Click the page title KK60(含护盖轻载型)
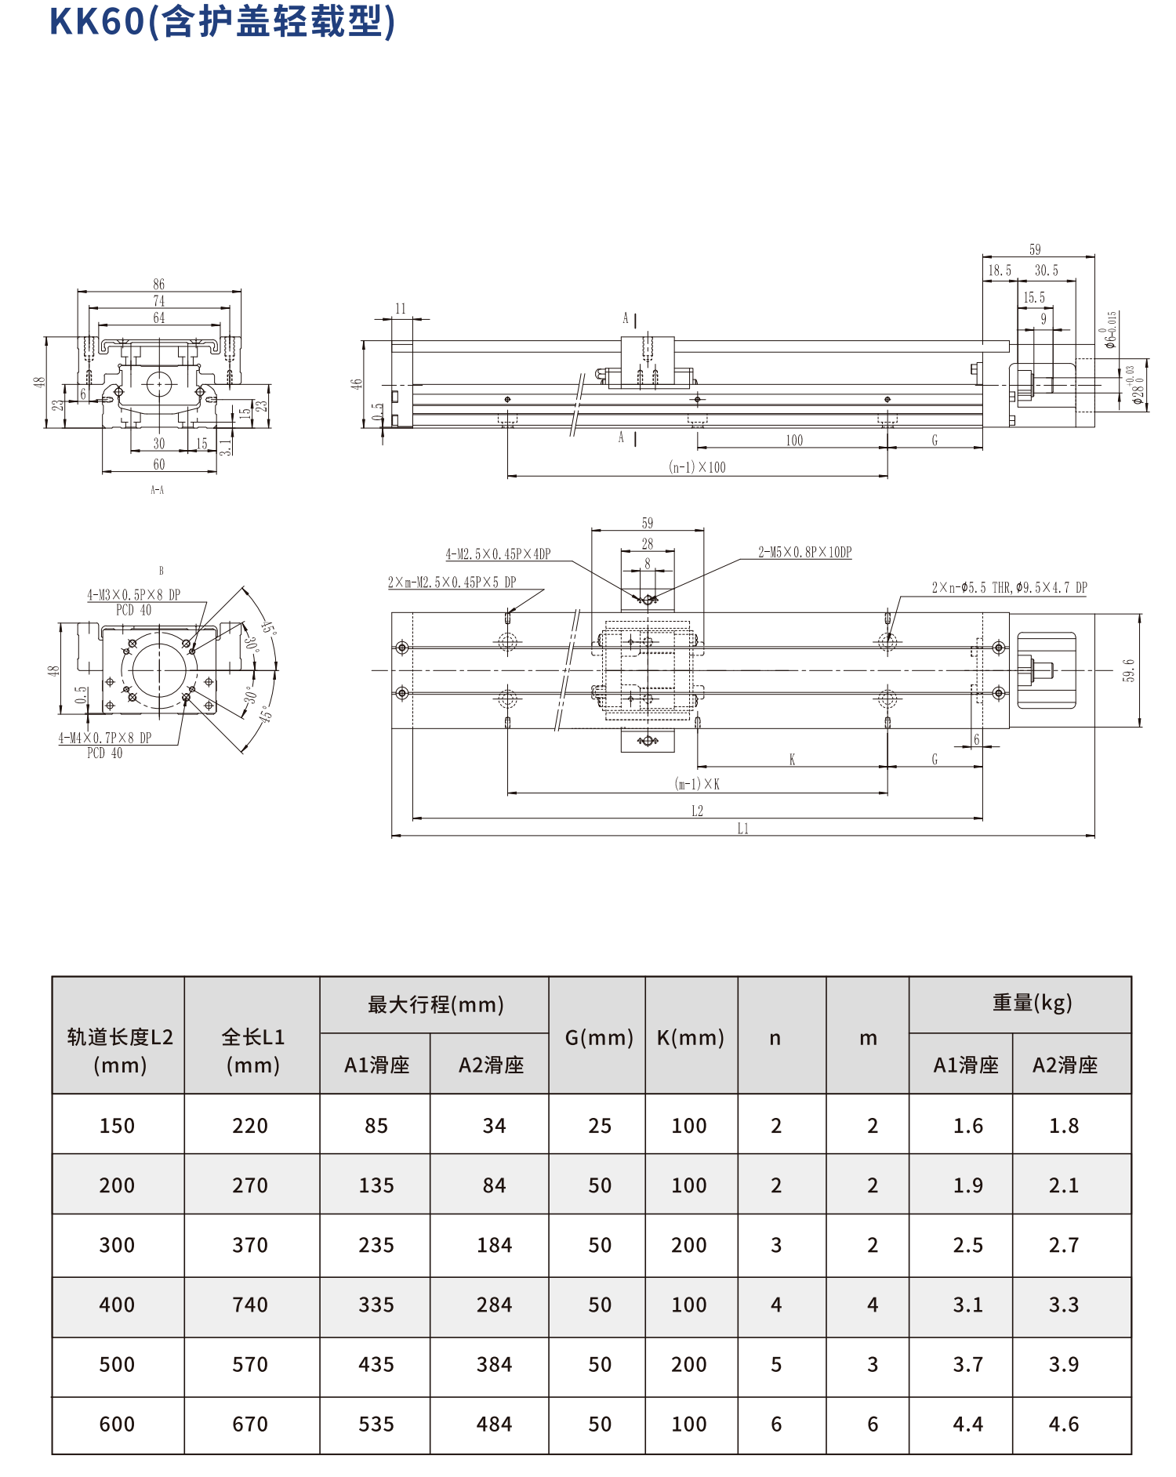(x=222, y=22)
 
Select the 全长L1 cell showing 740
(x=250, y=1305)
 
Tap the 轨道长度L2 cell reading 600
(x=117, y=1424)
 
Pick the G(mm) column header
(x=598, y=1037)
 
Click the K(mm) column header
(x=690, y=1037)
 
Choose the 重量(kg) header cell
(x=1032, y=1003)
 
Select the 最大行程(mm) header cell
(x=435, y=1004)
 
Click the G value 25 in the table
(x=600, y=1126)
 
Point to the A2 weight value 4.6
(x=1064, y=1424)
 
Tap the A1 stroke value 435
(x=376, y=1364)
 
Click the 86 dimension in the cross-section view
(x=159, y=284)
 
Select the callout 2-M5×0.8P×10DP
(x=804, y=552)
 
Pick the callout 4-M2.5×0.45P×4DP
(x=498, y=554)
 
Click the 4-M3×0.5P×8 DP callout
(x=133, y=595)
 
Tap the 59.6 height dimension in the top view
(x=1128, y=670)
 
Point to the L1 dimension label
(x=742, y=829)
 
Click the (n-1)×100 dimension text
(x=697, y=467)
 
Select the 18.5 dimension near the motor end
(x=999, y=270)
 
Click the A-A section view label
(x=158, y=490)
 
